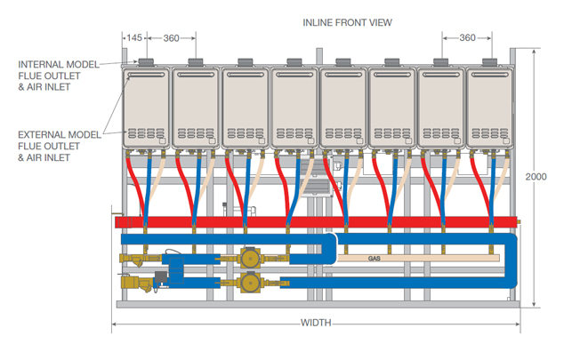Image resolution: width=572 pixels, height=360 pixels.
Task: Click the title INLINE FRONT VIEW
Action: (347, 22)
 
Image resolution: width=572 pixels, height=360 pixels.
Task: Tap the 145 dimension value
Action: (134, 38)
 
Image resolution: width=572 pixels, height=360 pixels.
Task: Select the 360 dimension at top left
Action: (171, 38)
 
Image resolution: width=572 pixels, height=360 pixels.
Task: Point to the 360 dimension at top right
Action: (467, 38)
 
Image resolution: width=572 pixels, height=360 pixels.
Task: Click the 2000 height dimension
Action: (536, 177)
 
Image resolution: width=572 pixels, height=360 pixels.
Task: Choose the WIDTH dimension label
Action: (316, 323)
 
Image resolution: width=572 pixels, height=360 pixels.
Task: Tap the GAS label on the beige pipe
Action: (375, 259)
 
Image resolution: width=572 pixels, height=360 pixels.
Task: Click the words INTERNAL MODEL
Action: (59, 65)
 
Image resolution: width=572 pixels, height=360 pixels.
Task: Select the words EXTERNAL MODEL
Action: (60, 135)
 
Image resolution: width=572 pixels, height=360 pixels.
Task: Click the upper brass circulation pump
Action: (250, 259)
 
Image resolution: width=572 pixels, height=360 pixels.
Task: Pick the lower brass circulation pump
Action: (250, 283)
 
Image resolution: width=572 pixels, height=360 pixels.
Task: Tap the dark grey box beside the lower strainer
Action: (161, 277)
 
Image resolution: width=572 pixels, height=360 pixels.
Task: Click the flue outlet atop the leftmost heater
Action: (146, 62)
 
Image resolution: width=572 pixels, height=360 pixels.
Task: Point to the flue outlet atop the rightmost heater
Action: (489, 62)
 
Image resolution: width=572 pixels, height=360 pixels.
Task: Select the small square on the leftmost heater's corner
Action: (162, 140)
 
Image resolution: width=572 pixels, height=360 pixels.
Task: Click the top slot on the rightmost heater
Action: (489, 75)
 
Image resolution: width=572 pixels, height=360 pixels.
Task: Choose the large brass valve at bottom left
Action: (136, 284)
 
